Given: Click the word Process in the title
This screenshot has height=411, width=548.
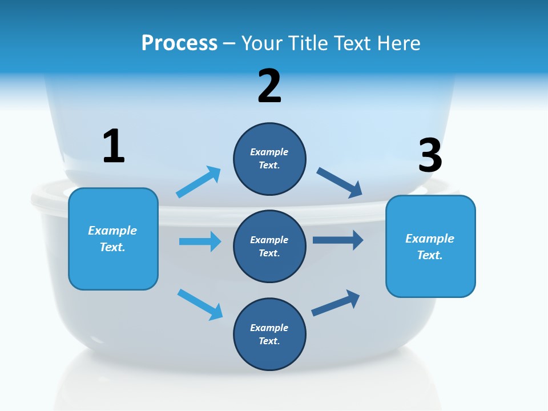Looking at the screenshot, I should pyautogui.click(x=179, y=43).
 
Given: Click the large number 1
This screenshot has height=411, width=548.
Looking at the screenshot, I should pyautogui.click(x=114, y=146).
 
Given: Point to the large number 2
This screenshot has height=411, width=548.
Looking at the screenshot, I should pyautogui.click(x=269, y=86).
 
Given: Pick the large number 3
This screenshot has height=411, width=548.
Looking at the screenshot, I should pyautogui.click(x=430, y=155).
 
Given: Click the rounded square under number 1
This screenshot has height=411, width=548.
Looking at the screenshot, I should pyautogui.click(x=113, y=239).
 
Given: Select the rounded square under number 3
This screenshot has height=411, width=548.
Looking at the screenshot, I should pyautogui.click(x=430, y=246).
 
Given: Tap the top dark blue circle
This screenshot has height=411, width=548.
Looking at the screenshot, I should pyautogui.click(x=269, y=159).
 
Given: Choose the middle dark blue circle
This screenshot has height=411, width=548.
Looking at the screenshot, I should pyautogui.click(x=269, y=246).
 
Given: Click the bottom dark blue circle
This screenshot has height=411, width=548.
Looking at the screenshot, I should pyautogui.click(x=269, y=334).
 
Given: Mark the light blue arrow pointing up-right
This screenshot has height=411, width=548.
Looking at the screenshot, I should pyautogui.click(x=199, y=182).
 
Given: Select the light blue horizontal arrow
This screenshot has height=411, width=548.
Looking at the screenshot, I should pyautogui.click(x=200, y=241).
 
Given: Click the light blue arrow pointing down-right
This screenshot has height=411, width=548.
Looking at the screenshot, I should pyautogui.click(x=200, y=304).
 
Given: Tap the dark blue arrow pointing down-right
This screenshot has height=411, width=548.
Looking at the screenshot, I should pyautogui.click(x=340, y=183).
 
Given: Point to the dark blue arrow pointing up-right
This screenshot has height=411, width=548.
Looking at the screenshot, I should pyautogui.click(x=336, y=303).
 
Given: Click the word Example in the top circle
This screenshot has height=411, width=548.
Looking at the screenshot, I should pyautogui.click(x=269, y=152).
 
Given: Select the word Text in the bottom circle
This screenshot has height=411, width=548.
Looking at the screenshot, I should pyautogui.click(x=269, y=341).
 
